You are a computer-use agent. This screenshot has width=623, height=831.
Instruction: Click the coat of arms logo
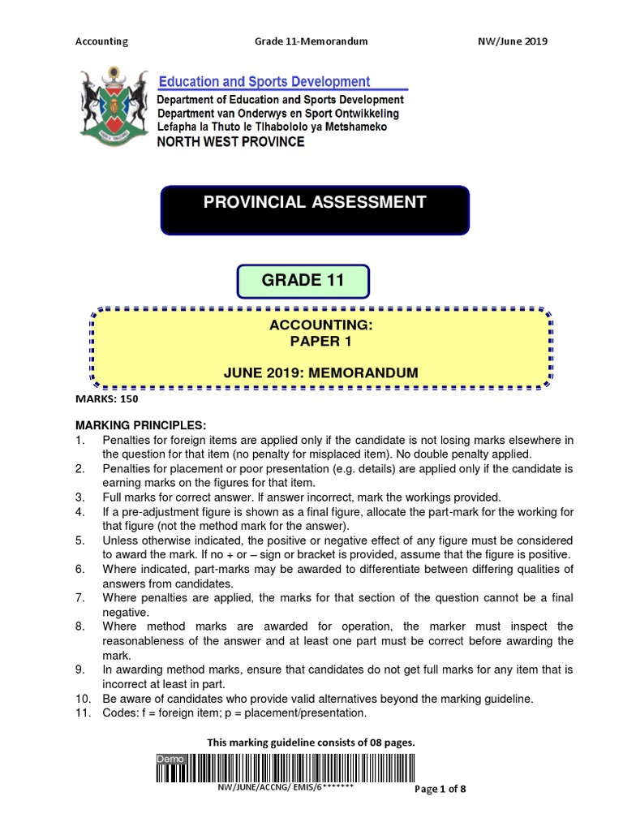113,105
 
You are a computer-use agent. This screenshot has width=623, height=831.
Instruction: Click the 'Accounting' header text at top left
101,41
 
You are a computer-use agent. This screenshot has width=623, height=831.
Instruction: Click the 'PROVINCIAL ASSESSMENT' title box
315,210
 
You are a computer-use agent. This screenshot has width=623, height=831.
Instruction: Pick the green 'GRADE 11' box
303,281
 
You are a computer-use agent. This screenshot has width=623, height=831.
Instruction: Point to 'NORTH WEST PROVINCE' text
231,142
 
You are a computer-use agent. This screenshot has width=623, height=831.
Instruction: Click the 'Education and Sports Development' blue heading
264,81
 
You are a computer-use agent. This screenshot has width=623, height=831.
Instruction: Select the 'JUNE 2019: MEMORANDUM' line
320,372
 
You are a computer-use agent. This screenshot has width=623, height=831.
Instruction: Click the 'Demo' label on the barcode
171,758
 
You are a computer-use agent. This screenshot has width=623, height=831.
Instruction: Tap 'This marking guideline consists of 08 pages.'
311,742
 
